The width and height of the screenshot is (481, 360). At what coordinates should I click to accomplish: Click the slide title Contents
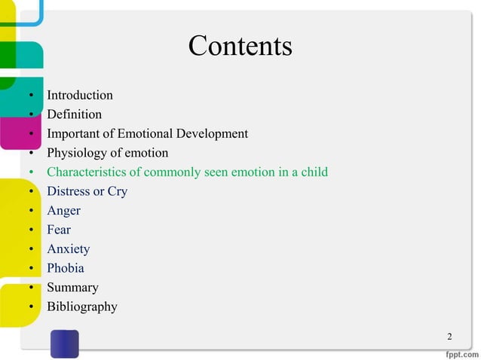pyautogui.click(x=240, y=47)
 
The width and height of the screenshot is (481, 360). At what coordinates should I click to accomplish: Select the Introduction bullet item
pyautogui.click(x=80, y=96)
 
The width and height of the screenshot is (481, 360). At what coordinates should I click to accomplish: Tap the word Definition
pyautogui.click(x=74, y=114)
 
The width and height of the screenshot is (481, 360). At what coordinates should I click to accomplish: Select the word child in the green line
pyautogui.click(x=314, y=172)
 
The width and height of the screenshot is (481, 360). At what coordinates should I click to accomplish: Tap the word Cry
pyautogui.click(x=118, y=192)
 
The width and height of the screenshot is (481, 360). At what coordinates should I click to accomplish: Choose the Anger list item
pyautogui.click(x=63, y=211)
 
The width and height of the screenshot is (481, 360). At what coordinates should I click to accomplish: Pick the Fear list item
pyautogui.click(x=59, y=230)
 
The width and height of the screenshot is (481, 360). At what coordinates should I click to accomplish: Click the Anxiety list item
pyautogui.click(x=68, y=249)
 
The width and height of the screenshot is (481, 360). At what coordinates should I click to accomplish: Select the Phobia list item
pyautogui.click(x=66, y=268)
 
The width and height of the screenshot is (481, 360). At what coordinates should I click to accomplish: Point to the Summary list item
pyautogui.click(x=72, y=288)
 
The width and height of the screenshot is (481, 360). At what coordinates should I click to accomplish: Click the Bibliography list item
pyautogui.click(x=81, y=307)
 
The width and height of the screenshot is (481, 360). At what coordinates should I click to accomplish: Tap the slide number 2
pyautogui.click(x=449, y=336)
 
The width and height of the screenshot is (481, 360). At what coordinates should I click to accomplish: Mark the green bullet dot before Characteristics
pyautogui.click(x=31, y=173)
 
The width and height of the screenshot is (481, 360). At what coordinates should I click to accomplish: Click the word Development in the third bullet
pyautogui.click(x=212, y=134)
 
